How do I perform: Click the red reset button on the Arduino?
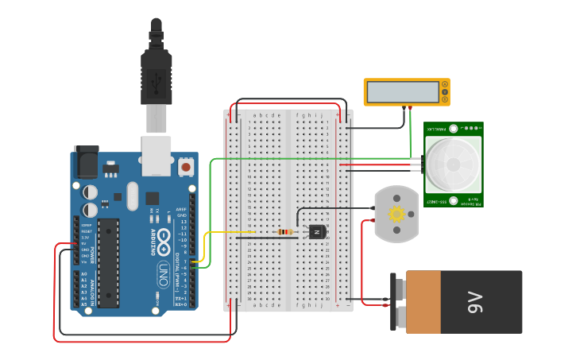pyautogui.click(x=186, y=166)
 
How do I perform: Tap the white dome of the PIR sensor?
pyautogui.click(x=453, y=165)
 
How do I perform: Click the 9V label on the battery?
pyautogui.click(x=475, y=302)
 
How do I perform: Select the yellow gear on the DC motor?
pyautogui.click(x=396, y=214)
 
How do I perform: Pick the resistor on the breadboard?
pyautogui.click(x=285, y=232)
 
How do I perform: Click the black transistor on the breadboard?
pyautogui.click(x=317, y=232)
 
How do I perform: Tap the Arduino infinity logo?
pyautogui.click(x=164, y=238)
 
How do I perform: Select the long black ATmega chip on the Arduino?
pyautogui.click(x=109, y=262)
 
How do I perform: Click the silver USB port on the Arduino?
pyautogui.click(x=156, y=155)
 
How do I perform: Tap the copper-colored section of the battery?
pyautogui.click(x=423, y=302)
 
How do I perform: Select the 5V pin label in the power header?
pyautogui.click(x=84, y=243)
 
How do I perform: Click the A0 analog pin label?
pyautogui.click(x=84, y=274)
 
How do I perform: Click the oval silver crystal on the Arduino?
pyautogui.click(x=132, y=195)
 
